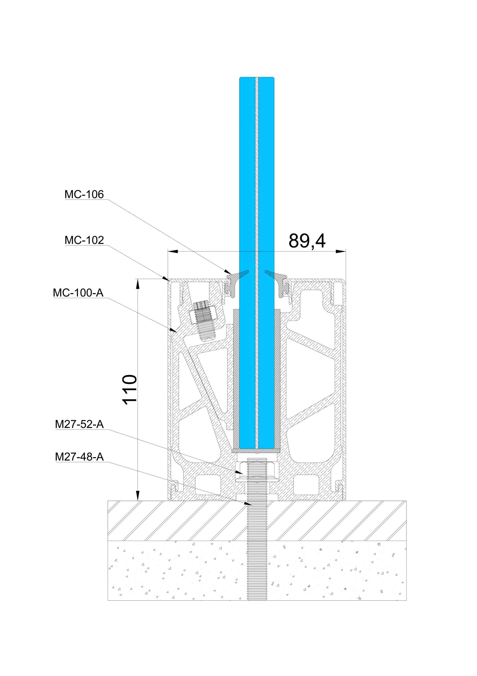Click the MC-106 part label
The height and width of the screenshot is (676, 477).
click(84, 194)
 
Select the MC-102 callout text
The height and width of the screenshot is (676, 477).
click(84, 240)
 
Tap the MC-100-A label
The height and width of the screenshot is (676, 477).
click(78, 293)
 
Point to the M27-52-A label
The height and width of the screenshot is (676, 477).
click(79, 424)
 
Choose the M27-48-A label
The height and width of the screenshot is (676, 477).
click(79, 457)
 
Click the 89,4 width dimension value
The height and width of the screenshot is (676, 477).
click(307, 241)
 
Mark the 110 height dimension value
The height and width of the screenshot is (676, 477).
click(129, 390)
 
